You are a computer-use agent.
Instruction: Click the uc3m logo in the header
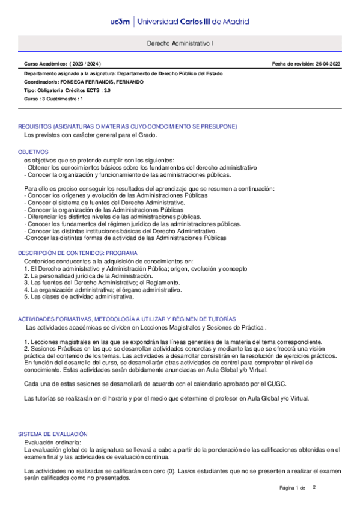coord(119,22)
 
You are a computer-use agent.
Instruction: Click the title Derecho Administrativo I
coord(180,44)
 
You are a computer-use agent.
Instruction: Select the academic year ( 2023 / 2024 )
coord(85,63)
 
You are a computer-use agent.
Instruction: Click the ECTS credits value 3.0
coord(106,90)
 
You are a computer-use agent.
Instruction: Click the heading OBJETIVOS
coord(33,152)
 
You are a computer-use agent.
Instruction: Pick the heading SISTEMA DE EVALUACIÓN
coord(53,434)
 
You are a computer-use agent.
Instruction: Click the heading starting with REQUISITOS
coord(127,126)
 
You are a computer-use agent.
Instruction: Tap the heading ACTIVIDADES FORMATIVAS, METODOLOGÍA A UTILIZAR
coord(127,319)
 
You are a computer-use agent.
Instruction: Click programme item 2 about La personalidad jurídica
coord(84,275)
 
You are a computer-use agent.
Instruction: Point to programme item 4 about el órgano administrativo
coord(102,290)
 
